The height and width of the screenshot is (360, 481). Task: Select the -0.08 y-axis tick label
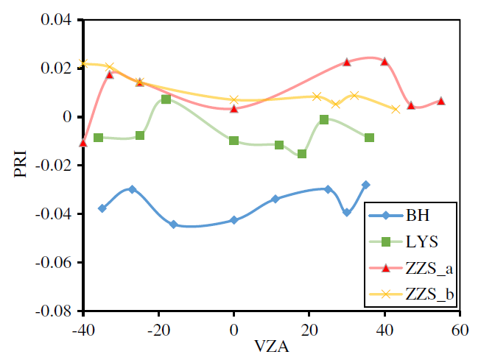point(53,311)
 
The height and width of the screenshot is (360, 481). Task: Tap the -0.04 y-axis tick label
point(53,214)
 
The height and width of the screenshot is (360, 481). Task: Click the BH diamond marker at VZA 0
point(234,220)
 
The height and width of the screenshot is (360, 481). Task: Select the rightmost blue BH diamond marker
point(366,185)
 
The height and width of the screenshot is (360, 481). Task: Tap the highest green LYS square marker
point(166,99)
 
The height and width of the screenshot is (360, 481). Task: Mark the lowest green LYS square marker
point(302,154)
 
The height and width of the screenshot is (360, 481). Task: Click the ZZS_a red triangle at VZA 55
point(441,101)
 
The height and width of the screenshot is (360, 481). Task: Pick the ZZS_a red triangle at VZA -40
point(83,143)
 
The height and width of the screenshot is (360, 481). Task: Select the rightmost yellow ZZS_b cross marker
point(396,110)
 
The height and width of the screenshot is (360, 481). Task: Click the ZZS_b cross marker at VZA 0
point(234,99)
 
